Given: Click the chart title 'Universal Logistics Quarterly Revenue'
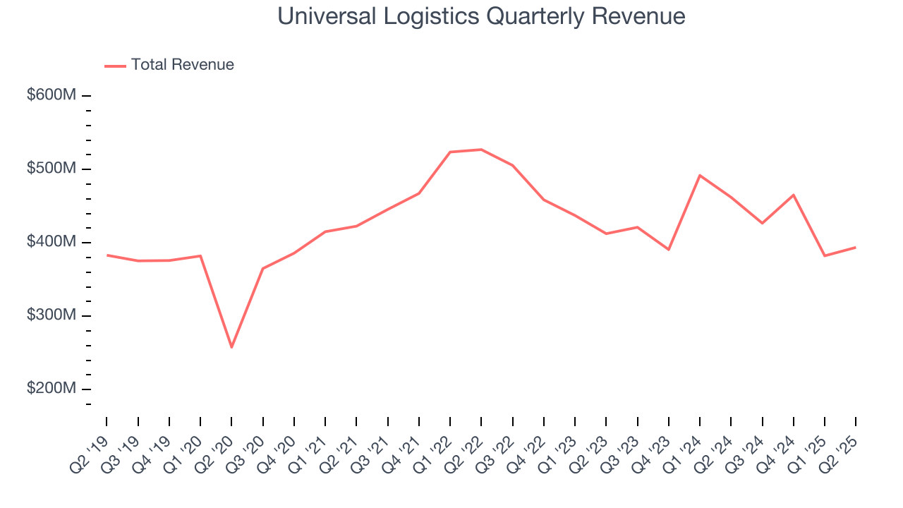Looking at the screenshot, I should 481,16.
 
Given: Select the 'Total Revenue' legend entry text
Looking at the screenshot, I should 182,65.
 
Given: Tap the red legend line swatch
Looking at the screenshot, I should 115,66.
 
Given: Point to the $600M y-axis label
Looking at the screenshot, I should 51,95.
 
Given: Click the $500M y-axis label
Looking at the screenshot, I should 51,169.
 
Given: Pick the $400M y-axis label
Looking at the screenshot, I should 51,242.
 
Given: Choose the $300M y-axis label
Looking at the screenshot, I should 51,315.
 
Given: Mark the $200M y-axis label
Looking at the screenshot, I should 51,389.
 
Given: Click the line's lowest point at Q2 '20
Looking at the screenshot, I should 231,347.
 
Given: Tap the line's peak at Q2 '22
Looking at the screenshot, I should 481,150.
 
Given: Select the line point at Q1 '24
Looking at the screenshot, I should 699,175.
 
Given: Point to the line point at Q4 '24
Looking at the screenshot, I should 794,195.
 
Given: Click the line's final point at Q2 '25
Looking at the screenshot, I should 856,247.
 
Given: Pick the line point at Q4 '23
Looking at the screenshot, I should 668,250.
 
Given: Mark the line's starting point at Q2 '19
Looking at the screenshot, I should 107,255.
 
